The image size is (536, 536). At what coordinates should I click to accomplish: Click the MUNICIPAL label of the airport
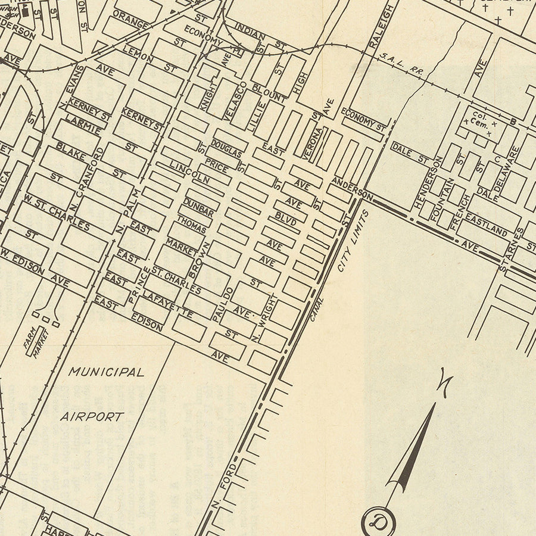tap(106, 372)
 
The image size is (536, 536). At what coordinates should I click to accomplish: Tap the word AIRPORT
tap(92, 416)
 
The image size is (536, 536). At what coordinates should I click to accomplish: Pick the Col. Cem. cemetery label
tap(480, 120)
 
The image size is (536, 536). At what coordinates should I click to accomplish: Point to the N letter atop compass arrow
tap(445, 379)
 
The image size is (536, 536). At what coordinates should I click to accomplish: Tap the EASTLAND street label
tap(486, 228)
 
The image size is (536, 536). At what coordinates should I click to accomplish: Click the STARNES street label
tap(511, 250)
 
